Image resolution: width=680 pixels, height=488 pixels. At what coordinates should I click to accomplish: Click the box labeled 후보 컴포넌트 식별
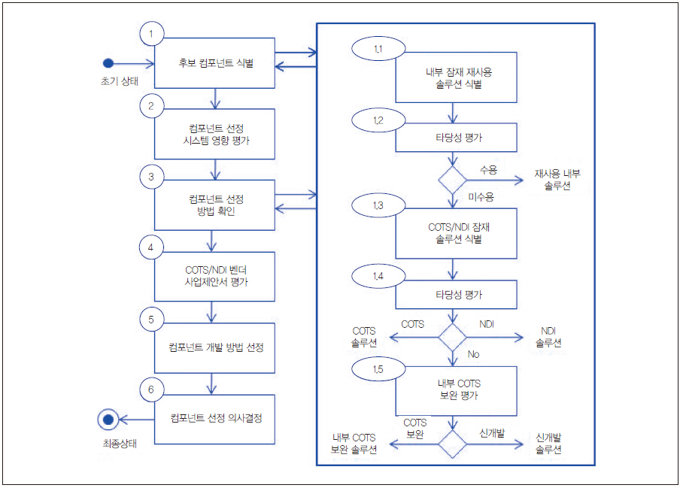tap(215, 64)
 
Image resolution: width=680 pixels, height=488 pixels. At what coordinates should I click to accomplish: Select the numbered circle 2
tap(152, 105)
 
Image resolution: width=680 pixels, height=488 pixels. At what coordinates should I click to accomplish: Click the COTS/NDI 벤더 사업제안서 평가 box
tap(215, 277)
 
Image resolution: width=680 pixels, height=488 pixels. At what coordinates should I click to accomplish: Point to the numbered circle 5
tap(152, 320)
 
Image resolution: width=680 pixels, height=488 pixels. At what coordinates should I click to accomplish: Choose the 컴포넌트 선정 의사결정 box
tap(215, 420)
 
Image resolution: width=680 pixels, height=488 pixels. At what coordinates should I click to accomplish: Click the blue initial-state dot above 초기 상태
tap(108, 63)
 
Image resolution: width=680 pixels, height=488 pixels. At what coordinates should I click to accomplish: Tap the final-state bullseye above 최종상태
tap(108, 419)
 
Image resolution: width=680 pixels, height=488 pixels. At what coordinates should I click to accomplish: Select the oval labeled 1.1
tap(378, 49)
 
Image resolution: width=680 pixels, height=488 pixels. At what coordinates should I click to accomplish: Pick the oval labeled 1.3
tap(378, 206)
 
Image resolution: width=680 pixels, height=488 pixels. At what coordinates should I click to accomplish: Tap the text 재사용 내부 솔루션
tap(557, 179)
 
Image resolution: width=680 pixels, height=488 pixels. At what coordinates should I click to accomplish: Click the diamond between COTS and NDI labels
tap(452, 336)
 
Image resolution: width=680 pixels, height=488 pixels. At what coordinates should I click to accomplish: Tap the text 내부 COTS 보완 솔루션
tap(354, 443)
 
